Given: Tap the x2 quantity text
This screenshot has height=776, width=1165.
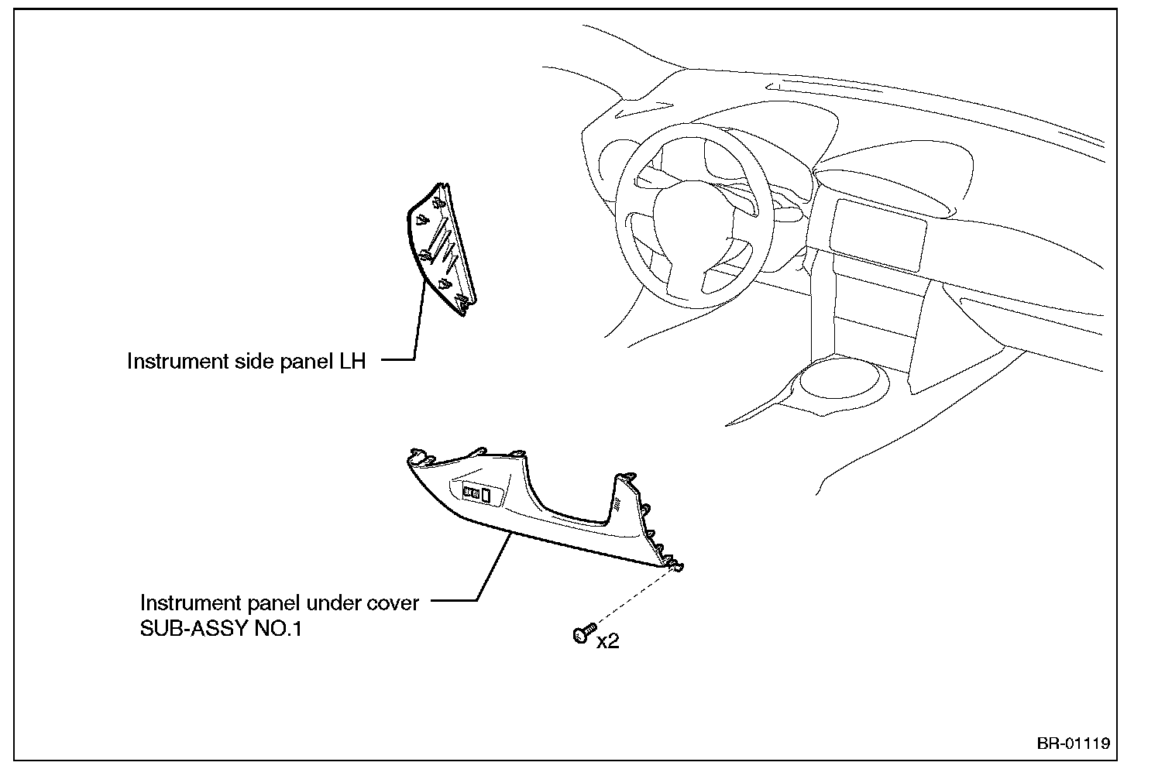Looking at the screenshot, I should coord(608,641).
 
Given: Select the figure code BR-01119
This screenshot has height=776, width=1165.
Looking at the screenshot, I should coord(1074,743).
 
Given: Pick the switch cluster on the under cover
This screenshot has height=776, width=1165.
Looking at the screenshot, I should coord(478,493).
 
